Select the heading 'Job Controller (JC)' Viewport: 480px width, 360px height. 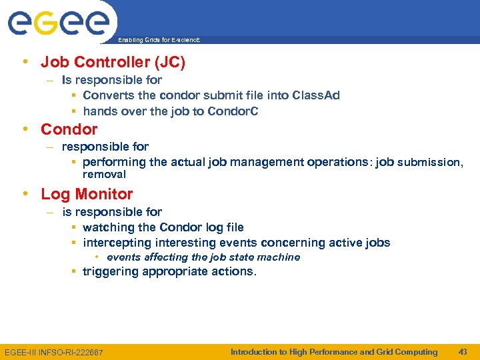coord(113,63)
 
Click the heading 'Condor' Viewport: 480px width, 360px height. coord(69,129)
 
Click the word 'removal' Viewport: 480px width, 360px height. coord(104,175)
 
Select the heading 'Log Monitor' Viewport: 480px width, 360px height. coord(87,194)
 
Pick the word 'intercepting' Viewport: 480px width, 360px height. coord(116,243)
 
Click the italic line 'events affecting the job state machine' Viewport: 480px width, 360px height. coord(203,257)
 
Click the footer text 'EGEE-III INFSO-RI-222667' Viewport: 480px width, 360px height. coord(54,352)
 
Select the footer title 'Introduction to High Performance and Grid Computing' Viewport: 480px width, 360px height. coord(334,352)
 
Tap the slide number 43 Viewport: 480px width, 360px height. coord(463,352)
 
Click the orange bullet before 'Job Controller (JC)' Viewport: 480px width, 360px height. coord(25,63)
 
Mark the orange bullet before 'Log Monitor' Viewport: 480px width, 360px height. coord(25,194)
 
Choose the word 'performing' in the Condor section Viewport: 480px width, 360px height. coord(114,162)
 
